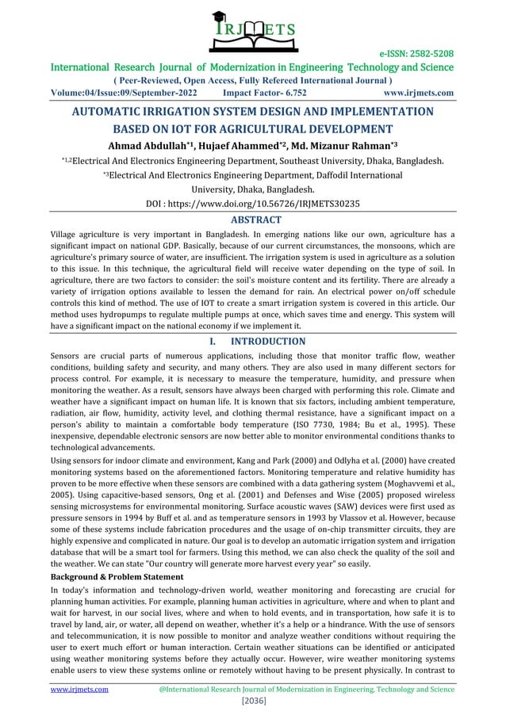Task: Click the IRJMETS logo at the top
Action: [253, 27]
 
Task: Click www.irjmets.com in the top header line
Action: [418, 92]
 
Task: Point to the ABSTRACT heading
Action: [253, 220]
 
